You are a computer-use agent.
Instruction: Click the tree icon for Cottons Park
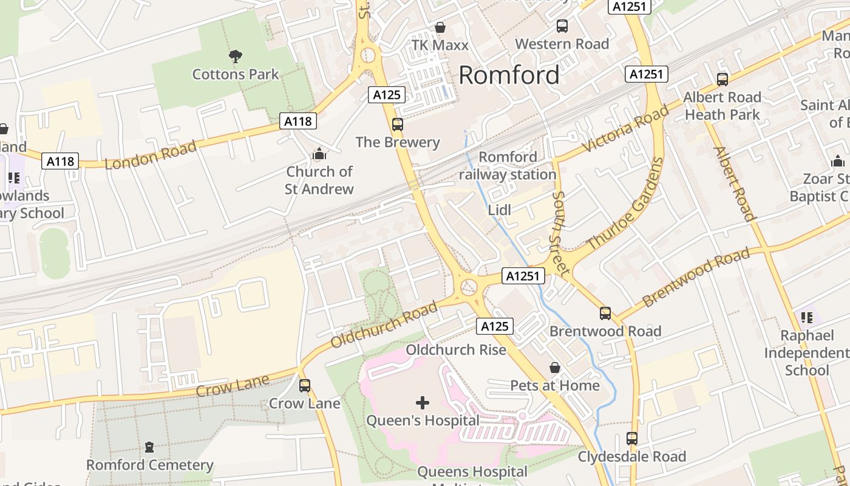pos(236,56)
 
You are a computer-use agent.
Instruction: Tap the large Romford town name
pos(509,75)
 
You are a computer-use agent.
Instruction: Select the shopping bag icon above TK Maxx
pos(440,27)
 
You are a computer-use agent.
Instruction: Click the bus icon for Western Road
pos(562,26)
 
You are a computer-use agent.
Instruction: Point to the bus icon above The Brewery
pos(398,125)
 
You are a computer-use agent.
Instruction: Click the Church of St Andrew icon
pos(319,154)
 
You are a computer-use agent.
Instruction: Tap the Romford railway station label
pos(508,166)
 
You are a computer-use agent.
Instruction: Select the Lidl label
pos(500,210)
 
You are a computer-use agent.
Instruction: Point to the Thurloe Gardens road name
pos(626,203)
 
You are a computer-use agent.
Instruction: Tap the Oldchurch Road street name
pos(384,324)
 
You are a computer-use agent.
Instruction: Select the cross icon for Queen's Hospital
pos(423,402)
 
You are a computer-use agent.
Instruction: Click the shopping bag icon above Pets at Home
pos(554,368)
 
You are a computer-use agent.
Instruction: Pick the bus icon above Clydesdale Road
pos(632,439)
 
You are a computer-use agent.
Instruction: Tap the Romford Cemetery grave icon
pos(149,447)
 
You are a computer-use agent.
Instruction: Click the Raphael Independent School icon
pos(807,317)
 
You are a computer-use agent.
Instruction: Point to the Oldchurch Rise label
pos(455,350)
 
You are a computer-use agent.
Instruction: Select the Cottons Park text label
pos(236,75)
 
